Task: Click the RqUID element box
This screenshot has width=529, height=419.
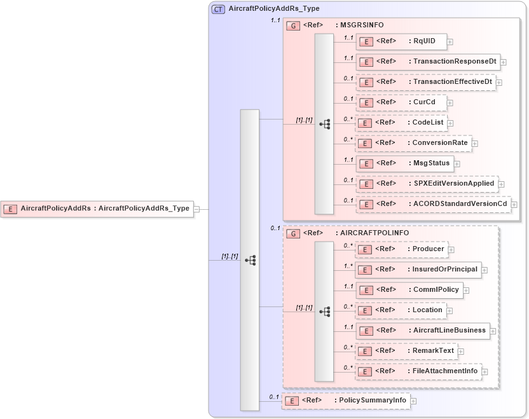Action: [x=401, y=41]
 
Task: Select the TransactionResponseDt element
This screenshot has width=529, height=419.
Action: [x=427, y=62]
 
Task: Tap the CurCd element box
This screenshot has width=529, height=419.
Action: [x=401, y=102]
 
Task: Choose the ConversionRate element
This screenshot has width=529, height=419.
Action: [x=413, y=143]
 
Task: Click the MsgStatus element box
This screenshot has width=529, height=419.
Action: [x=404, y=163]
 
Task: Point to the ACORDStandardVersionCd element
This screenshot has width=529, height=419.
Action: [x=433, y=204]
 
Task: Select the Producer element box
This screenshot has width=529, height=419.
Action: [x=401, y=250]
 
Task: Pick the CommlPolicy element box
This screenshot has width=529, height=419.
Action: [x=408, y=291]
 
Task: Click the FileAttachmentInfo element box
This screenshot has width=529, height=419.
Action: [x=418, y=371]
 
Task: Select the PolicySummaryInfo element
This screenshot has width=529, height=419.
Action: [x=345, y=401]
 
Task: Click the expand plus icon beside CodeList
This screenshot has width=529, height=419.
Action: [x=451, y=123]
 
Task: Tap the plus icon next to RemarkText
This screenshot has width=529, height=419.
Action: [x=461, y=351]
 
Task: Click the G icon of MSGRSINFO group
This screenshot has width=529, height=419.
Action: [x=293, y=26]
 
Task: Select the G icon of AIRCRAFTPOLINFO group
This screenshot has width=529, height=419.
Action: [x=293, y=234]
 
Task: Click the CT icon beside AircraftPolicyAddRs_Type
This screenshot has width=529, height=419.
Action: [x=218, y=9]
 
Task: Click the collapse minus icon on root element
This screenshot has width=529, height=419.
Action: [x=197, y=209]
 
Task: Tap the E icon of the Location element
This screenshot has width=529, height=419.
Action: [x=366, y=311]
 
